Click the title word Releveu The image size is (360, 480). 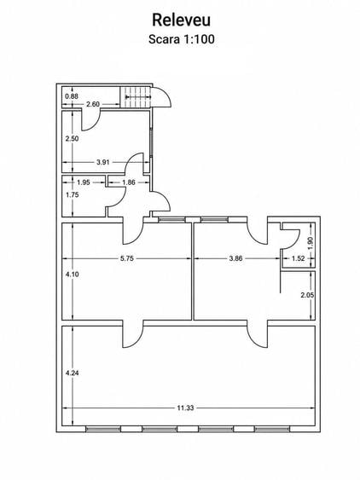[181, 20]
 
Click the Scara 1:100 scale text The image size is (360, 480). [182, 39]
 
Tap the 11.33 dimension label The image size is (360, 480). [185, 408]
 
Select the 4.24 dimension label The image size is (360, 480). [73, 373]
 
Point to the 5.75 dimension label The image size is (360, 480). [127, 258]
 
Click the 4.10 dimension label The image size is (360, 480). [73, 275]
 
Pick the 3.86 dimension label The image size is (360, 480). [236, 258]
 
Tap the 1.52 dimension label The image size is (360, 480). [298, 258]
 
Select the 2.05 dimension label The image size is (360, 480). [307, 295]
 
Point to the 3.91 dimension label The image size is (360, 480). [103, 162]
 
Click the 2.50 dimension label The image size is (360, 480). [72, 138]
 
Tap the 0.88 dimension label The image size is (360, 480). [72, 96]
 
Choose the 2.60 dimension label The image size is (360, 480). [93, 104]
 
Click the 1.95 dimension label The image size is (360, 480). [84, 182]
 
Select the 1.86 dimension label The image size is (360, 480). [129, 182]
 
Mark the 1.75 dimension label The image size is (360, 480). [73, 194]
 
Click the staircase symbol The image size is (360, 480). [136, 97]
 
